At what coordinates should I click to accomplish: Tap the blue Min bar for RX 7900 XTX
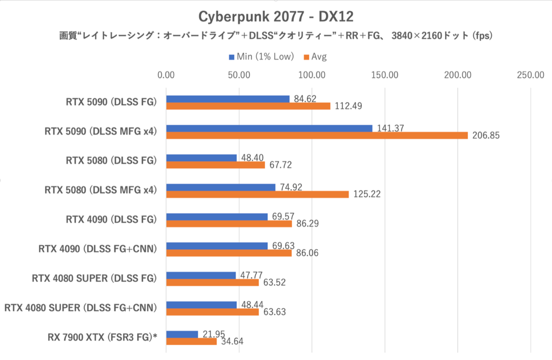click(182, 334)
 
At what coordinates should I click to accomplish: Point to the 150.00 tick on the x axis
click(385, 75)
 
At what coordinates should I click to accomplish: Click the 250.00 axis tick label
click(531, 75)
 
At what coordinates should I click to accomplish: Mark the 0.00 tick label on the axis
click(166, 75)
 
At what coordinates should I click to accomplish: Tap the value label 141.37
click(390, 128)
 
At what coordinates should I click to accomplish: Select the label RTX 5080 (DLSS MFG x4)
click(101, 190)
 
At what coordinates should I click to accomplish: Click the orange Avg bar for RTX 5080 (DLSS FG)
click(215, 165)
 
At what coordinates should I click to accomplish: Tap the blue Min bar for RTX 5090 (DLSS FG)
click(228, 99)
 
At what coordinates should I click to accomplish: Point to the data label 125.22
click(367, 195)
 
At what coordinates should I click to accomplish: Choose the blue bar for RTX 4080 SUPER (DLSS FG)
click(201, 275)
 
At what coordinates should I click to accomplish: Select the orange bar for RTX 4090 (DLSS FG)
click(229, 224)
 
